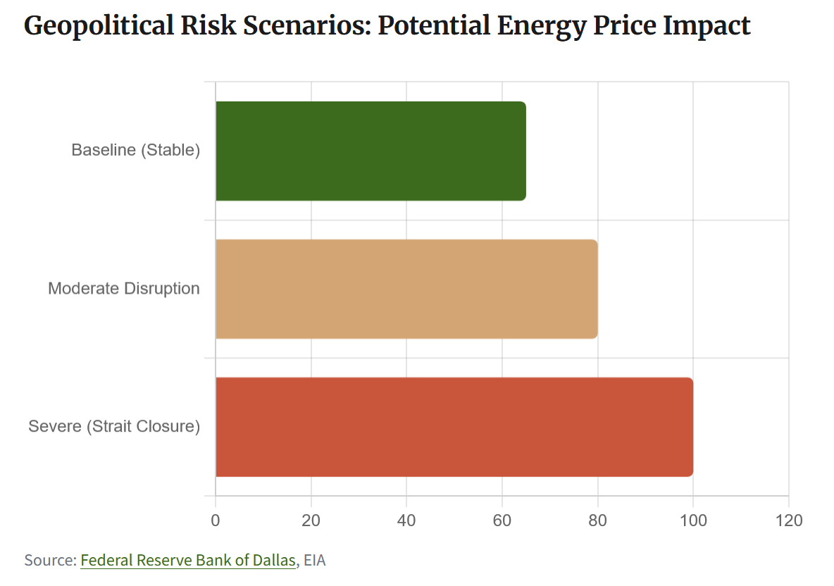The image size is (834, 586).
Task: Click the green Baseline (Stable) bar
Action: pyautogui.click(x=371, y=151)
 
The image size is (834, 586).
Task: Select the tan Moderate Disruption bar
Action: pyautogui.click(x=406, y=289)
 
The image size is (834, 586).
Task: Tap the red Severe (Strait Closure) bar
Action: pyautogui.click(x=454, y=427)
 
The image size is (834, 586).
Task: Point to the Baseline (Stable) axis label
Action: pyautogui.click(x=136, y=151)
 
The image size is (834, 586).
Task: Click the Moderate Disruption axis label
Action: pyautogui.click(x=124, y=289)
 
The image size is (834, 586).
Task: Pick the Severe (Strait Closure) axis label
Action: pyautogui.click(x=114, y=427)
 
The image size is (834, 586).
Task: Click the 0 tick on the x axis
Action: pyautogui.click(x=216, y=521)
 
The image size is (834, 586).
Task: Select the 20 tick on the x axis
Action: pyautogui.click(x=311, y=521)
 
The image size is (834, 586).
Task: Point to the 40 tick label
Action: pyautogui.click(x=406, y=521)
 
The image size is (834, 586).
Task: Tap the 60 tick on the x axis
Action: pyautogui.click(x=502, y=521)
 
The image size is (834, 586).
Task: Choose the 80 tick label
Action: pyautogui.click(x=597, y=521)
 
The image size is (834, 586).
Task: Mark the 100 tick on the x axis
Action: pyautogui.click(x=693, y=521)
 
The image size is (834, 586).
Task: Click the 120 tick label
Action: pyautogui.click(x=788, y=521)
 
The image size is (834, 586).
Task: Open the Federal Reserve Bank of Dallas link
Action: pyautogui.click(x=188, y=561)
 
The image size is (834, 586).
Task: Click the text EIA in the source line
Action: pyautogui.click(x=315, y=561)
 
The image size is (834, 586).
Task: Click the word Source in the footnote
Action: pyautogui.click(x=49, y=561)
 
